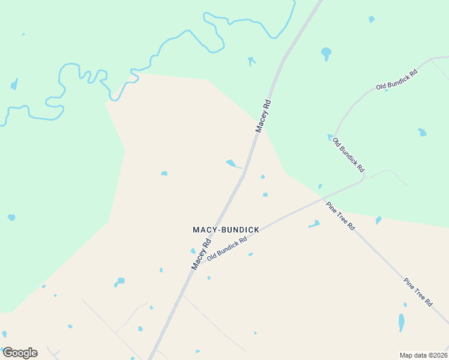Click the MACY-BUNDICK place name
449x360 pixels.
[x=225, y=230]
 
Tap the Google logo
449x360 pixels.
[x=19, y=353]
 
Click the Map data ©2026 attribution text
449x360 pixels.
[x=423, y=355]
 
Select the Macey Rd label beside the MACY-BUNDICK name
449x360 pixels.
[x=201, y=254]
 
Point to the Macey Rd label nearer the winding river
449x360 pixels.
[x=264, y=115]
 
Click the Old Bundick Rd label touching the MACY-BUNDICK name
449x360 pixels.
[x=227, y=248]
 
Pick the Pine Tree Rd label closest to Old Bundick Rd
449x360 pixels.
[x=340, y=216]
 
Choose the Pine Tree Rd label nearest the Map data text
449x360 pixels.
[x=418, y=292]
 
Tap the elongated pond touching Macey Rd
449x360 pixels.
[x=234, y=163]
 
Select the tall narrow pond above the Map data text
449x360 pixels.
[x=402, y=322]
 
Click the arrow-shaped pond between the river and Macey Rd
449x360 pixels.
[x=251, y=61]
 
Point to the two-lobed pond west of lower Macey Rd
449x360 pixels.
[x=119, y=281]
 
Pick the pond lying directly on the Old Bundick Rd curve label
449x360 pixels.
[x=330, y=137]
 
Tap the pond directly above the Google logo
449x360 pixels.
[x=4, y=334]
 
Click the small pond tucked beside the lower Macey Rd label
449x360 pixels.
[x=193, y=251]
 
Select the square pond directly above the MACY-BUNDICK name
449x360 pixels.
[x=265, y=194]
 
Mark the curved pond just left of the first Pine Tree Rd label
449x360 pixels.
[x=314, y=224]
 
